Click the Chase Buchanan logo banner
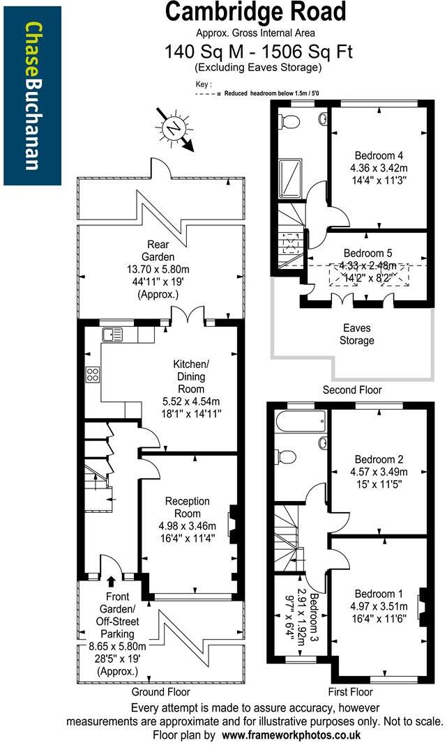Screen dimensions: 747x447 31,94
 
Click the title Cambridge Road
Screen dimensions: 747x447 255,12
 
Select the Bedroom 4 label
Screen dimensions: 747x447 379,155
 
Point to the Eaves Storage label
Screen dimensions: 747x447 357,334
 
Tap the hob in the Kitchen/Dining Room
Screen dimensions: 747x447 93,374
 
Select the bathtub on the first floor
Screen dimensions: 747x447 301,420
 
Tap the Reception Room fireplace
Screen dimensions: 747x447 235,523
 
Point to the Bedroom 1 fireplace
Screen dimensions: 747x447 422,603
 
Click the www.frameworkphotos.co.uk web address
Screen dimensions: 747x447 291,735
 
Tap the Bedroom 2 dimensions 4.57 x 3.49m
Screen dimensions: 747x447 379,472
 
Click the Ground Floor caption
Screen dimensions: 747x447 160,692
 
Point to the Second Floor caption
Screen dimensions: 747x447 352,390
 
